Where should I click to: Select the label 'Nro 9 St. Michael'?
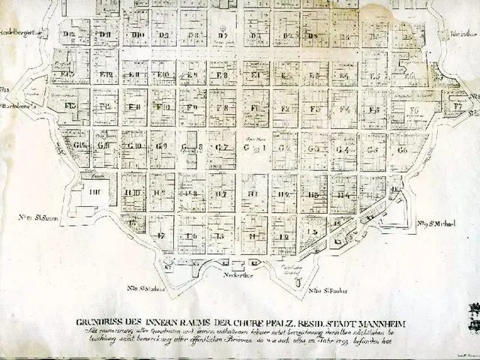coord(438,223)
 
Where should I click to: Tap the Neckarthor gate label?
coord(236,274)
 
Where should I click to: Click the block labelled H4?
coord(343,194)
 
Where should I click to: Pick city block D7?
coord(223,35)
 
